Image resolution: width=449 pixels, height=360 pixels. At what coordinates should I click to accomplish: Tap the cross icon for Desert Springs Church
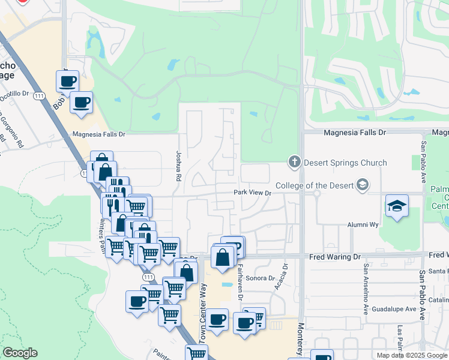294,161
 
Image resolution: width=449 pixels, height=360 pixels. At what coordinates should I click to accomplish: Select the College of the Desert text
315,185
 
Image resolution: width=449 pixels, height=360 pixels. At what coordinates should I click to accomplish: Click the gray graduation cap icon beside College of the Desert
362,185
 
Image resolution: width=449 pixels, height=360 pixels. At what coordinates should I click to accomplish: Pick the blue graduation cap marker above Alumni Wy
396,206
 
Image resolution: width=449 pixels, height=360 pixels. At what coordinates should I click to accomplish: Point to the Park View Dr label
253,193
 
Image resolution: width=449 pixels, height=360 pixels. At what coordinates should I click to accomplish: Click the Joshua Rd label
178,167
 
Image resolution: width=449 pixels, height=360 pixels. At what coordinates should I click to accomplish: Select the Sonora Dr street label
260,278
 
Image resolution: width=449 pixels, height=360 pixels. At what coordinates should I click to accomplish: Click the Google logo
20,353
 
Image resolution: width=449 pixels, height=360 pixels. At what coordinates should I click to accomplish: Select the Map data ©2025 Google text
412,355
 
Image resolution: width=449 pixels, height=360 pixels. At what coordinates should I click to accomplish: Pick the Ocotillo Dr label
14,94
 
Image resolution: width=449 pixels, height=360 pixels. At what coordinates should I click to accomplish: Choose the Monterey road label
301,338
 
